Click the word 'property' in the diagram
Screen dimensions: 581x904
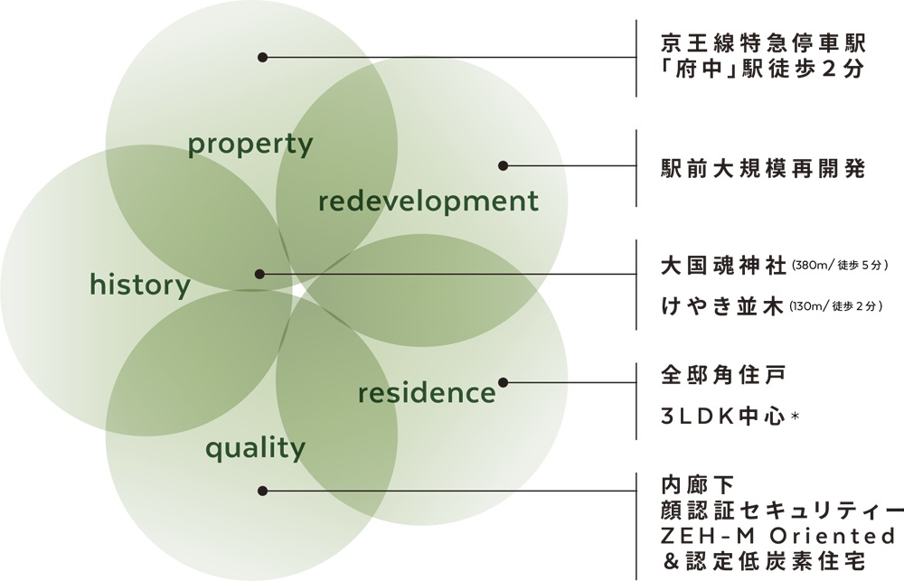250,145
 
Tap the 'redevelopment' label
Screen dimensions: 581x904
428,201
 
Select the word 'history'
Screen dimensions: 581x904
140,286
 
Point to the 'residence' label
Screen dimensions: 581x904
427,394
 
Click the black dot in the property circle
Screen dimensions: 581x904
262,57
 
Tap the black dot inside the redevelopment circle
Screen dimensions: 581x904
504,166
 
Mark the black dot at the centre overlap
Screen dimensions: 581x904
260,274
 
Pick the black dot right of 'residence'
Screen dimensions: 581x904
504,382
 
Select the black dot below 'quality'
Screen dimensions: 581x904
262,491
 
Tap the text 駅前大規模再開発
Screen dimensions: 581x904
763,169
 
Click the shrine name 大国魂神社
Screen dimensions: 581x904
723,267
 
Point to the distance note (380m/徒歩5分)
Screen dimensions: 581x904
841,267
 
